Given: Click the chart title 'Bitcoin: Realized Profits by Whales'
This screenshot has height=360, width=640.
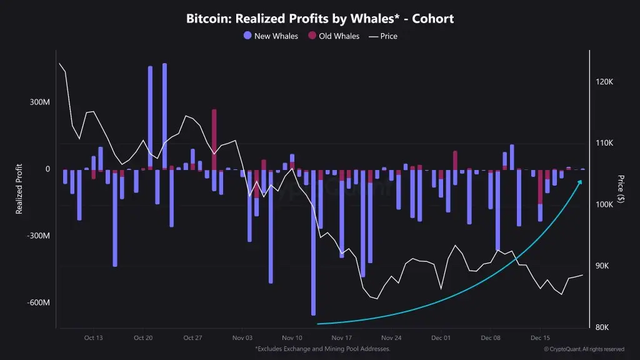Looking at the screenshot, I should point(320,19).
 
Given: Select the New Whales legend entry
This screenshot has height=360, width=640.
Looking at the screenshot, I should point(271,36).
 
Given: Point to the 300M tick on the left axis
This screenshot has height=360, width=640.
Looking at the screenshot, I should point(39,102).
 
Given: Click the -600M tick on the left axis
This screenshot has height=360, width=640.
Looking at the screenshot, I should point(38,303).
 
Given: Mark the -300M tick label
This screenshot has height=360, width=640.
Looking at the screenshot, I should point(38,236).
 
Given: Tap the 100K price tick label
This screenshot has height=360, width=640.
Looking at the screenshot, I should point(604,205).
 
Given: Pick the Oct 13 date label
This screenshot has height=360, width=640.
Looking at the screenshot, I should point(93,337).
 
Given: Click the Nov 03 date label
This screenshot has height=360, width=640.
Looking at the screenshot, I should point(242,337).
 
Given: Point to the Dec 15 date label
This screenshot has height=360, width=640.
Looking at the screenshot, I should point(541,337).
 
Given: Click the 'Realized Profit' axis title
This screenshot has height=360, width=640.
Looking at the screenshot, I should point(19,189).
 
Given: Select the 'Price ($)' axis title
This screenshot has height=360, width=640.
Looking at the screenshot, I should point(621,189).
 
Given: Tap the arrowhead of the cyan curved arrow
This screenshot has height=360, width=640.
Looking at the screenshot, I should point(579,182).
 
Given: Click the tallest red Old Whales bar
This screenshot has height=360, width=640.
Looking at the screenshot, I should point(214,139).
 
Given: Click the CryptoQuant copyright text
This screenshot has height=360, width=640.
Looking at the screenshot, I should point(584,349).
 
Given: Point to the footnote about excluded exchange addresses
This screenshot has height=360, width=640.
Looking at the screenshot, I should point(322,349).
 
